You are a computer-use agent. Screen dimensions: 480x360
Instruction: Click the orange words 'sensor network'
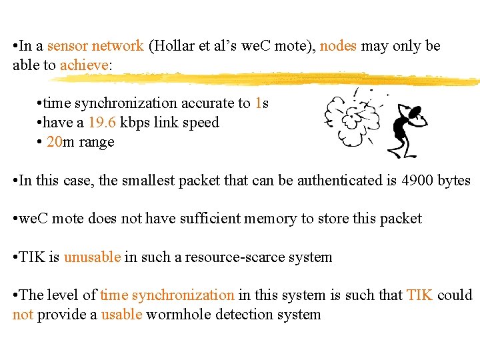point(95,47)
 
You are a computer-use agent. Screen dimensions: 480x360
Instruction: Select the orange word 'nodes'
point(339,47)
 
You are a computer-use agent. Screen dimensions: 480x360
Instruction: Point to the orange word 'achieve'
point(84,65)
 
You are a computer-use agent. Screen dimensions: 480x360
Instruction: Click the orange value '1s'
point(261,103)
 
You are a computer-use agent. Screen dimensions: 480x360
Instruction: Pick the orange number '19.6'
point(102,123)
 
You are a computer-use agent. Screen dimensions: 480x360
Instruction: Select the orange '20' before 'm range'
point(54,142)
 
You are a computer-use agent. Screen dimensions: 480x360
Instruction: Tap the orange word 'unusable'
point(92,257)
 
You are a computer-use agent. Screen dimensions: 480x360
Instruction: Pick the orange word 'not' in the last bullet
point(23,314)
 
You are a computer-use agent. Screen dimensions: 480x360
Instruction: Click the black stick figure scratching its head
point(405,131)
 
